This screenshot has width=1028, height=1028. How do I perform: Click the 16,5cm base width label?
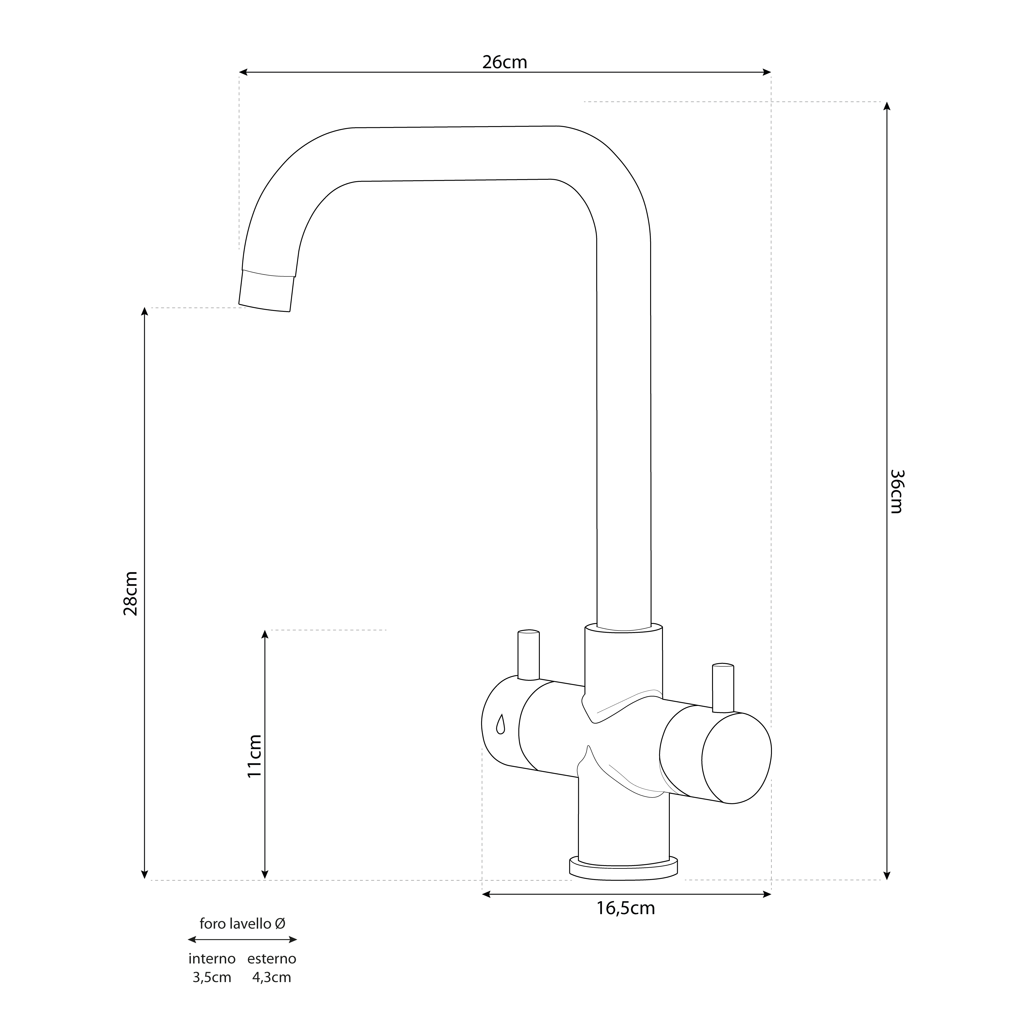tap(625, 908)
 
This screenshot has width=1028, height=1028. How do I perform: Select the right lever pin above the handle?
tap(723, 687)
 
